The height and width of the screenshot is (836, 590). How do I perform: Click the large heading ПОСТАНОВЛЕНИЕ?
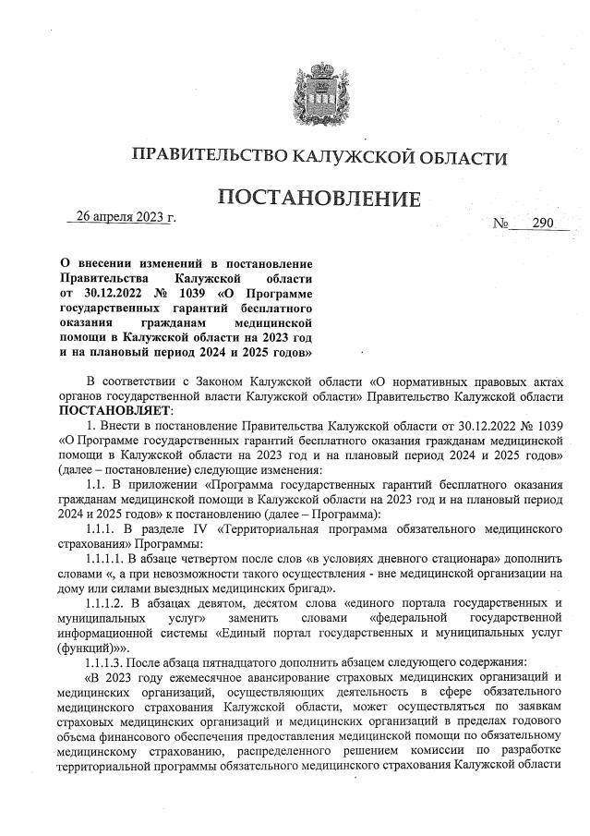(x=319, y=198)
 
